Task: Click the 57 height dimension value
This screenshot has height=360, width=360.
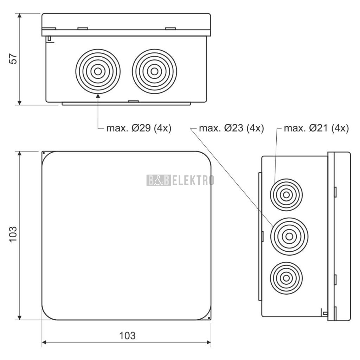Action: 13,59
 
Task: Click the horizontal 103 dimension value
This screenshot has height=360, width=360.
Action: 127,336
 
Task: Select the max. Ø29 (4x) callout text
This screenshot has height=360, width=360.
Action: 139,128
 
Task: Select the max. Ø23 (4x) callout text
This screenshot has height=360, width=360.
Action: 231,128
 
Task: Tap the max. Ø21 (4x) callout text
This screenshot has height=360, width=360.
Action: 316,128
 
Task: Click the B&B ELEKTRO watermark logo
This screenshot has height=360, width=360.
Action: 180,180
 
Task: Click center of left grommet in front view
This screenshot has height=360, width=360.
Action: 98,71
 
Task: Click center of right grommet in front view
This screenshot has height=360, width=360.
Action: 155,71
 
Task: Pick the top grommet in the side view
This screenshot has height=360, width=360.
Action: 286,195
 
